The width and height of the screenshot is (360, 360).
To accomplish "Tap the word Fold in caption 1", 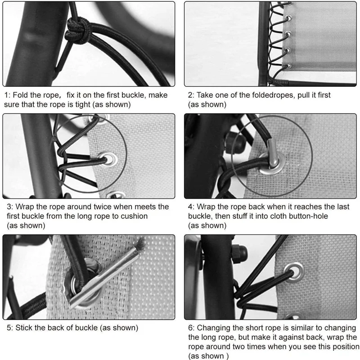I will [x=23, y=95].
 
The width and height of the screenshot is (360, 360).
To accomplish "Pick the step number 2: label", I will [x=191, y=95].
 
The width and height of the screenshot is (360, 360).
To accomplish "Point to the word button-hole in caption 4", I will [x=306, y=216].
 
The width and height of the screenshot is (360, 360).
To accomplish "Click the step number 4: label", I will [x=191, y=207].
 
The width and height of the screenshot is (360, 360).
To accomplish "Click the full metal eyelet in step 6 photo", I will [x=297, y=270].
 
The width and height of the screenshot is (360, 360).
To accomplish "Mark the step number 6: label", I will [x=191, y=328].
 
